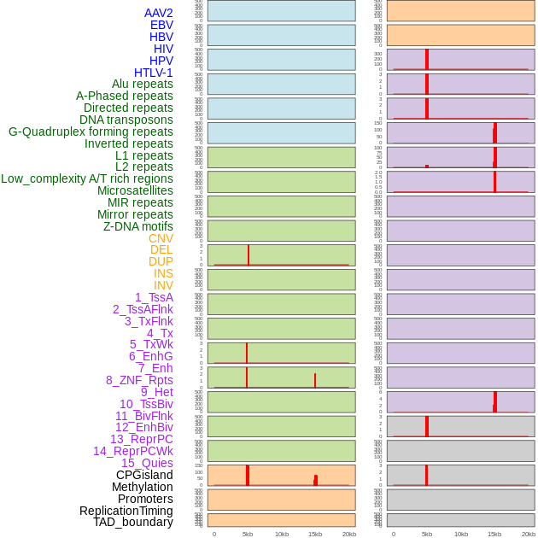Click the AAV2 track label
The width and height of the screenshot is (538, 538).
tap(159, 13)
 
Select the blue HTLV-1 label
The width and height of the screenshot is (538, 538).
tap(154, 73)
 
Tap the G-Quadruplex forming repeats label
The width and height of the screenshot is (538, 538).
tap(91, 132)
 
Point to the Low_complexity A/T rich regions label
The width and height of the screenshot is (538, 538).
tap(87, 178)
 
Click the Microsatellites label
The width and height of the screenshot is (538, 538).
tap(135, 190)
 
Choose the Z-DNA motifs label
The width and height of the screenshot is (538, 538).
tap(138, 226)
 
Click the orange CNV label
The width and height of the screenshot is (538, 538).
tap(161, 238)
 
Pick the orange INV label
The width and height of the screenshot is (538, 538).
tap(163, 285)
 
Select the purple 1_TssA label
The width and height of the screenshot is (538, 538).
tap(154, 297)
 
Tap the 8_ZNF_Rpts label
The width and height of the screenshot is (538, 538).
tap(139, 380)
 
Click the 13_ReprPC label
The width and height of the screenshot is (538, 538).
tap(141, 439)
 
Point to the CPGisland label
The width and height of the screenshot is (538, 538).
tap(144, 475)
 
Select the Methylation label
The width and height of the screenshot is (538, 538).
tap(142, 487)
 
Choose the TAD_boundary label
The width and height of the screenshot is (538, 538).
tap(133, 522)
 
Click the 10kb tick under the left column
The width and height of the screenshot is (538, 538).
tap(282, 534)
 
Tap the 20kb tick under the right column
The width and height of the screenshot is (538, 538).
tap(529, 534)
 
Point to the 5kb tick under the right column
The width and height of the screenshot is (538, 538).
tap(427, 534)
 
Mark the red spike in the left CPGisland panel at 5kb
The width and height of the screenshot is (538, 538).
tap(248, 476)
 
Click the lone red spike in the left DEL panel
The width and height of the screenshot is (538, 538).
tap(249, 255)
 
